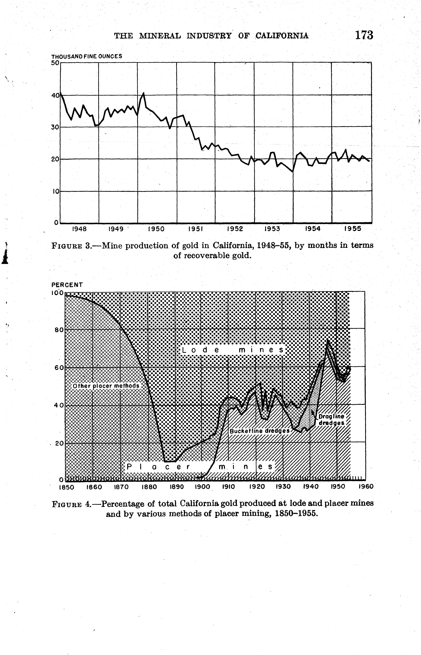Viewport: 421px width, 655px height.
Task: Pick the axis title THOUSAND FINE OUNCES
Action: point(87,56)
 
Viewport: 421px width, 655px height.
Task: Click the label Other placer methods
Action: point(106,386)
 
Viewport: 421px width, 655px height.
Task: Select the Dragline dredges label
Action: point(332,420)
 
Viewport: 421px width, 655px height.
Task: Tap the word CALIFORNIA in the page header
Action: point(282,36)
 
